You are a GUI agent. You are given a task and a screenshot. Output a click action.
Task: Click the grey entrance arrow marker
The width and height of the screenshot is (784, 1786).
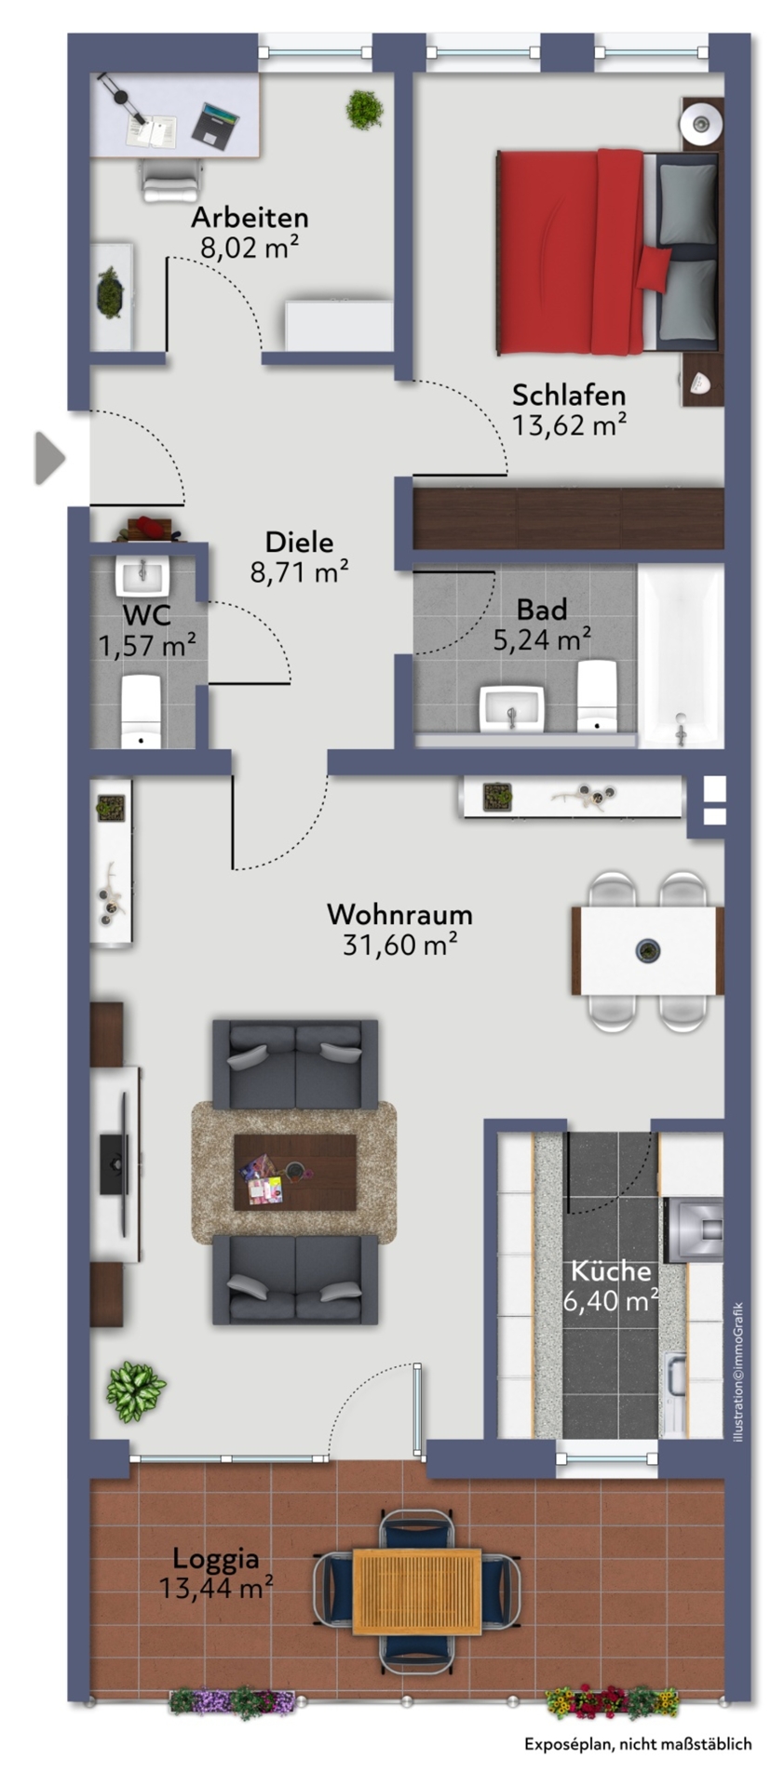click(x=50, y=458)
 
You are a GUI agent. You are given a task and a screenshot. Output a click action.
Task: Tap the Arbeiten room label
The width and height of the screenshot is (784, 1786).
click(x=250, y=218)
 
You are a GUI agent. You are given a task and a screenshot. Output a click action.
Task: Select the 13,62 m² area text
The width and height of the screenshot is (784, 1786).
click(x=569, y=425)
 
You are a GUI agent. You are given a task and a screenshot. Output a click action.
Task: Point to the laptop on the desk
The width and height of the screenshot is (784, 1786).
click(x=216, y=126)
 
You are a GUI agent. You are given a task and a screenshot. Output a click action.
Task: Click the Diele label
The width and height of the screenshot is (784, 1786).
click(x=299, y=542)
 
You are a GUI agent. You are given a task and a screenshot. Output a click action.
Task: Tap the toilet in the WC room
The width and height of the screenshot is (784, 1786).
click(x=142, y=712)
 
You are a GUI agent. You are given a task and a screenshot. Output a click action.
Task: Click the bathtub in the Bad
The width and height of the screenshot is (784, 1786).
click(x=681, y=655)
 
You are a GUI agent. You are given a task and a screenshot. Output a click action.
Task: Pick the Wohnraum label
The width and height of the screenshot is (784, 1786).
click(x=399, y=915)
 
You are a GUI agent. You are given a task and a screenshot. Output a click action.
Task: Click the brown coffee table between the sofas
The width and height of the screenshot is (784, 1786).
click(x=295, y=1172)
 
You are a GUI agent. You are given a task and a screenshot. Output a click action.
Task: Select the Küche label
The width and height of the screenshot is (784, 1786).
click(x=611, y=1270)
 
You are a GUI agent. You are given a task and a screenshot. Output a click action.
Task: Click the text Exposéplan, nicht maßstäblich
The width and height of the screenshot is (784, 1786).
click(x=638, y=1744)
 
